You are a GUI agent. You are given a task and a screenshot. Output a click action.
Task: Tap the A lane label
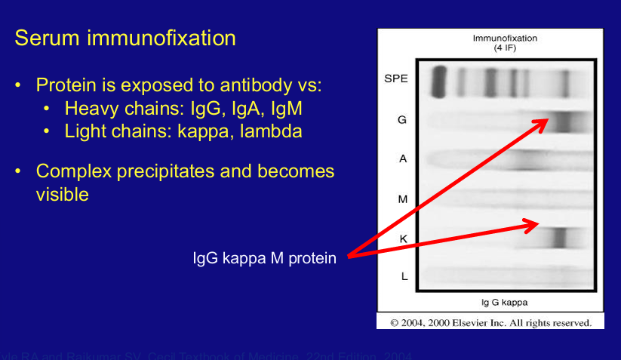coord(403,159)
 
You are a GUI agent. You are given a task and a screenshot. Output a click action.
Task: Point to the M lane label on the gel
coord(403,199)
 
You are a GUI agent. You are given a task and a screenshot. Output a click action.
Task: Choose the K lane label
coord(403,238)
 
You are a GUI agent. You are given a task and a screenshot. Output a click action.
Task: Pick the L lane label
coord(404,277)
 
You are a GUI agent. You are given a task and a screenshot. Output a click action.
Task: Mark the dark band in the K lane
coord(558,238)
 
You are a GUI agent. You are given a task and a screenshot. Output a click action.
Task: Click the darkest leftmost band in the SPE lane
coord(438,82)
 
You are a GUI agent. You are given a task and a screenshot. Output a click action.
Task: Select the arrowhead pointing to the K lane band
coord(533,223)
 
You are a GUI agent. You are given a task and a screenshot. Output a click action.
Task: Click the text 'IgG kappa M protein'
coord(264,259)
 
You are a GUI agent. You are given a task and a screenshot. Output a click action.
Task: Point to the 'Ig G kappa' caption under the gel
coord(505,302)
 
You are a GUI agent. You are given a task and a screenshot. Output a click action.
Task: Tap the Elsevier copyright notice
coord(490,322)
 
